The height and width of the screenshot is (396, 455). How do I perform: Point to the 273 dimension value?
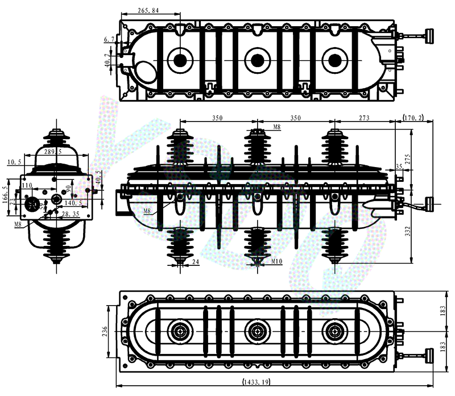[364, 118]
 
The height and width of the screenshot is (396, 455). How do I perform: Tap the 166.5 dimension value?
[6, 195]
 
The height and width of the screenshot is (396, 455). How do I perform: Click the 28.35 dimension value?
[72, 214]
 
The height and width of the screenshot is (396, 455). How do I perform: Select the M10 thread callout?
[277, 261]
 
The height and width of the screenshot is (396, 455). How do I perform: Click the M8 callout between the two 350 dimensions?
[277, 127]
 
